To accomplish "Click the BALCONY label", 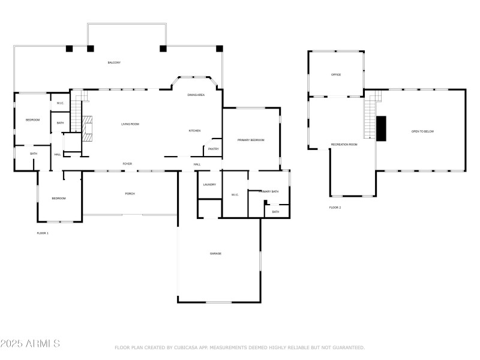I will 114,62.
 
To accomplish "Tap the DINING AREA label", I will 196,95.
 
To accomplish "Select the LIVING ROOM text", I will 130,124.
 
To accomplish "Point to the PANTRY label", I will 214,149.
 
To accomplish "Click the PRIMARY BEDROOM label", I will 251,140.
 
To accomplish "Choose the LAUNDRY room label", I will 209,184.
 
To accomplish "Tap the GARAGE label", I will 216,254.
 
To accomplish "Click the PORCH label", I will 130,194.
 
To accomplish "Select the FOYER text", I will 127,163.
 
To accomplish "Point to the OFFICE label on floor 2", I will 336,74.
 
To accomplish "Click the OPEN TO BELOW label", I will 422,131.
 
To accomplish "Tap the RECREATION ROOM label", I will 344,145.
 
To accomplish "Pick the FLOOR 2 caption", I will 335,208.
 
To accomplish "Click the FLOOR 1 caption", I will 43,233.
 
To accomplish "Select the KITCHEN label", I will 195,131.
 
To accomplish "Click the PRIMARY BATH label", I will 269,191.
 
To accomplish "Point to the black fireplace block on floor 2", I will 381,127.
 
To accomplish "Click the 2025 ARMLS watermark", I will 30,344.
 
